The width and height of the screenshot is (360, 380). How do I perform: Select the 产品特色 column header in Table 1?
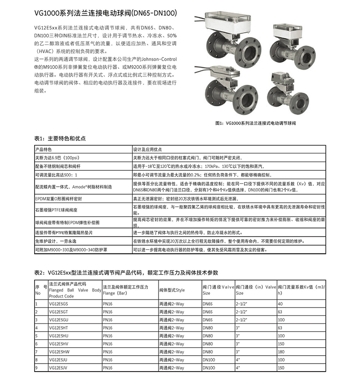point(45,149)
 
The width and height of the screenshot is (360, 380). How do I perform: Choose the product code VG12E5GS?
point(58,304)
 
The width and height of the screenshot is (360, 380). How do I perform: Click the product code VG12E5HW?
point(59,351)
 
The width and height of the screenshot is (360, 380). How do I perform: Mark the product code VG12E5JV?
point(58,367)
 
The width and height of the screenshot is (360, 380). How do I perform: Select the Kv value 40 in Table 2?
point(280,304)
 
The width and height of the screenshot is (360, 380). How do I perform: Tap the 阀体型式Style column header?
point(172,290)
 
